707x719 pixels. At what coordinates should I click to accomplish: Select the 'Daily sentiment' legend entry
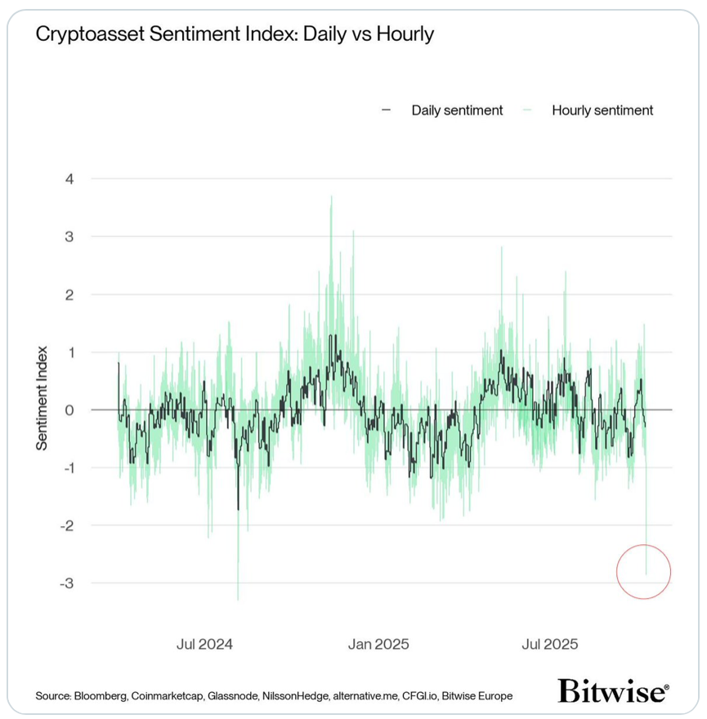click(x=456, y=110)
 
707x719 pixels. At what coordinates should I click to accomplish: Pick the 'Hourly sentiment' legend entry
click(x=602, y=110)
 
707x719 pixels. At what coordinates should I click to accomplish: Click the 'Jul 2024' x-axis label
click(x=204, y=644)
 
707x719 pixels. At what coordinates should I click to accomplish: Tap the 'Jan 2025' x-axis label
click(x=378, y=644)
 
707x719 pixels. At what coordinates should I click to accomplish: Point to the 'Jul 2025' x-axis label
click(x=550, y=644)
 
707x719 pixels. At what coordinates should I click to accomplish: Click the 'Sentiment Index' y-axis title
click(x=42, y=398)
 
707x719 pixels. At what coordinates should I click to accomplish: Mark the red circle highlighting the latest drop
click(x=644, y=572)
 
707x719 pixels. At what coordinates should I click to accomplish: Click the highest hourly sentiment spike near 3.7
click(x=331, y=197)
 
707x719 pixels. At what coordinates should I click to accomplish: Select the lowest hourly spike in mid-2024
click(x=238, y=599)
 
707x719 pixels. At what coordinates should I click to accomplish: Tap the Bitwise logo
click(x=613, y=691)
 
